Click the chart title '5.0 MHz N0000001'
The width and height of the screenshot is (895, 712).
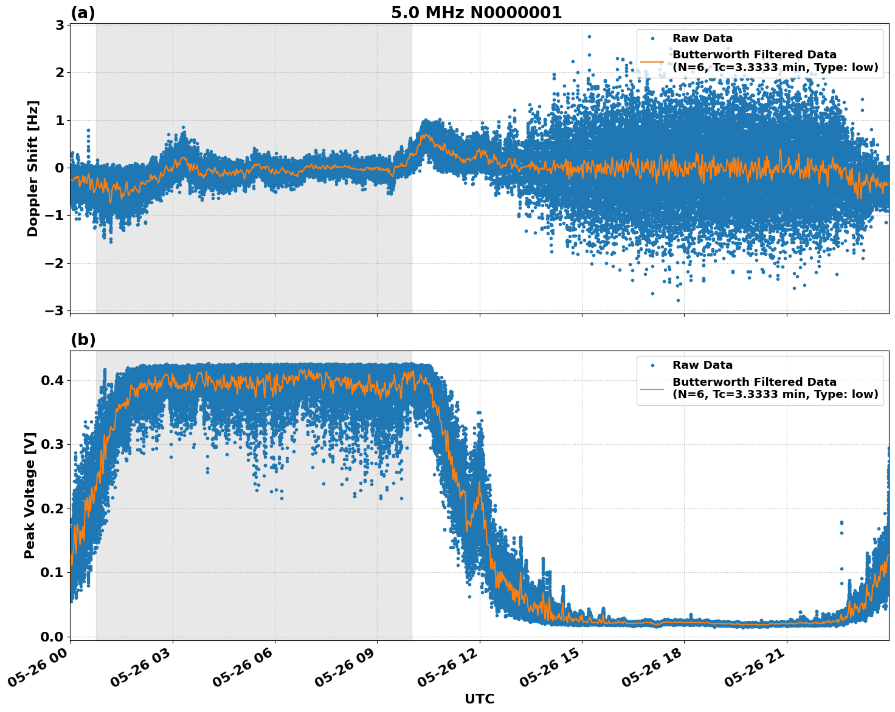[476, 13]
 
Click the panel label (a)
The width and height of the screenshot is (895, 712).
[83, 13]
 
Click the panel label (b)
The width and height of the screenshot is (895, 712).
[83, 340]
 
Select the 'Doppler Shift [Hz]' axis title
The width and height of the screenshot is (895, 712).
[33, 168]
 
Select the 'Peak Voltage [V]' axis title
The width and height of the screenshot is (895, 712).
[30, 495]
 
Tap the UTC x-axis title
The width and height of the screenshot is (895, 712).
[479, 699]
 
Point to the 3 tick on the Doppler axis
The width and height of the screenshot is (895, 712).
[60, 25]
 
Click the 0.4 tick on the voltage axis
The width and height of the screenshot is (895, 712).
[52, 380]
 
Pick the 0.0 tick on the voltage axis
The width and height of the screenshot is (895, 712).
[52, 636]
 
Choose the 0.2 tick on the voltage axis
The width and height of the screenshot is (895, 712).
[52, 508]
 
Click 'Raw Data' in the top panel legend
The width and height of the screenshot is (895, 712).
[702, 38]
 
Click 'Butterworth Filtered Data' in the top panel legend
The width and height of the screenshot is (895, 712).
[754, 55]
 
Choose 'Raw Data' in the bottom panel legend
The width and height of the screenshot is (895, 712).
[702, 365]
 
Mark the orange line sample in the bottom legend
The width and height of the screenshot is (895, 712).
[652, 388]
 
